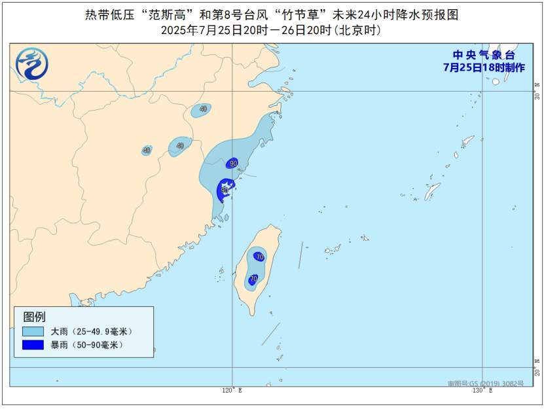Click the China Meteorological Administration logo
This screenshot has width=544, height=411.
(32, 65)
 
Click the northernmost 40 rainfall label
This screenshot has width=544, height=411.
(203, 109)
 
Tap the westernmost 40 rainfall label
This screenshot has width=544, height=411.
(146, 150)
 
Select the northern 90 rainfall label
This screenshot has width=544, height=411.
(233, 163)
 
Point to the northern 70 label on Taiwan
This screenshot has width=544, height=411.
(260, 257)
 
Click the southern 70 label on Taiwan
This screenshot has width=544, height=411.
(253, 279)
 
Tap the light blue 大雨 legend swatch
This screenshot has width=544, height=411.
(33, 332)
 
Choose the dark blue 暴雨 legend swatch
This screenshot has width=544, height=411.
(33, 345)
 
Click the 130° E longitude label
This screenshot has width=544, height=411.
(483, 391)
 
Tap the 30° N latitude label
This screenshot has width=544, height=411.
(537, 91)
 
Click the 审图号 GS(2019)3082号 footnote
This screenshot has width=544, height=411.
(485, 384)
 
